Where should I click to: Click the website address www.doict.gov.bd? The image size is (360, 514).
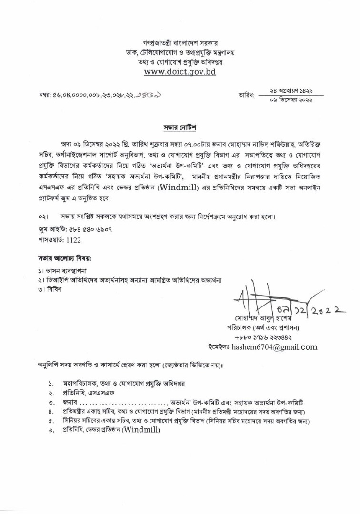180,72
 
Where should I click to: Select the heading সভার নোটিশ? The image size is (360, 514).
180,128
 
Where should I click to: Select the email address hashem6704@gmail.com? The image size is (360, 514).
275,347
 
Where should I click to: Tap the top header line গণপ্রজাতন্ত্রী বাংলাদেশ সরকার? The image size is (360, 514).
180,43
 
